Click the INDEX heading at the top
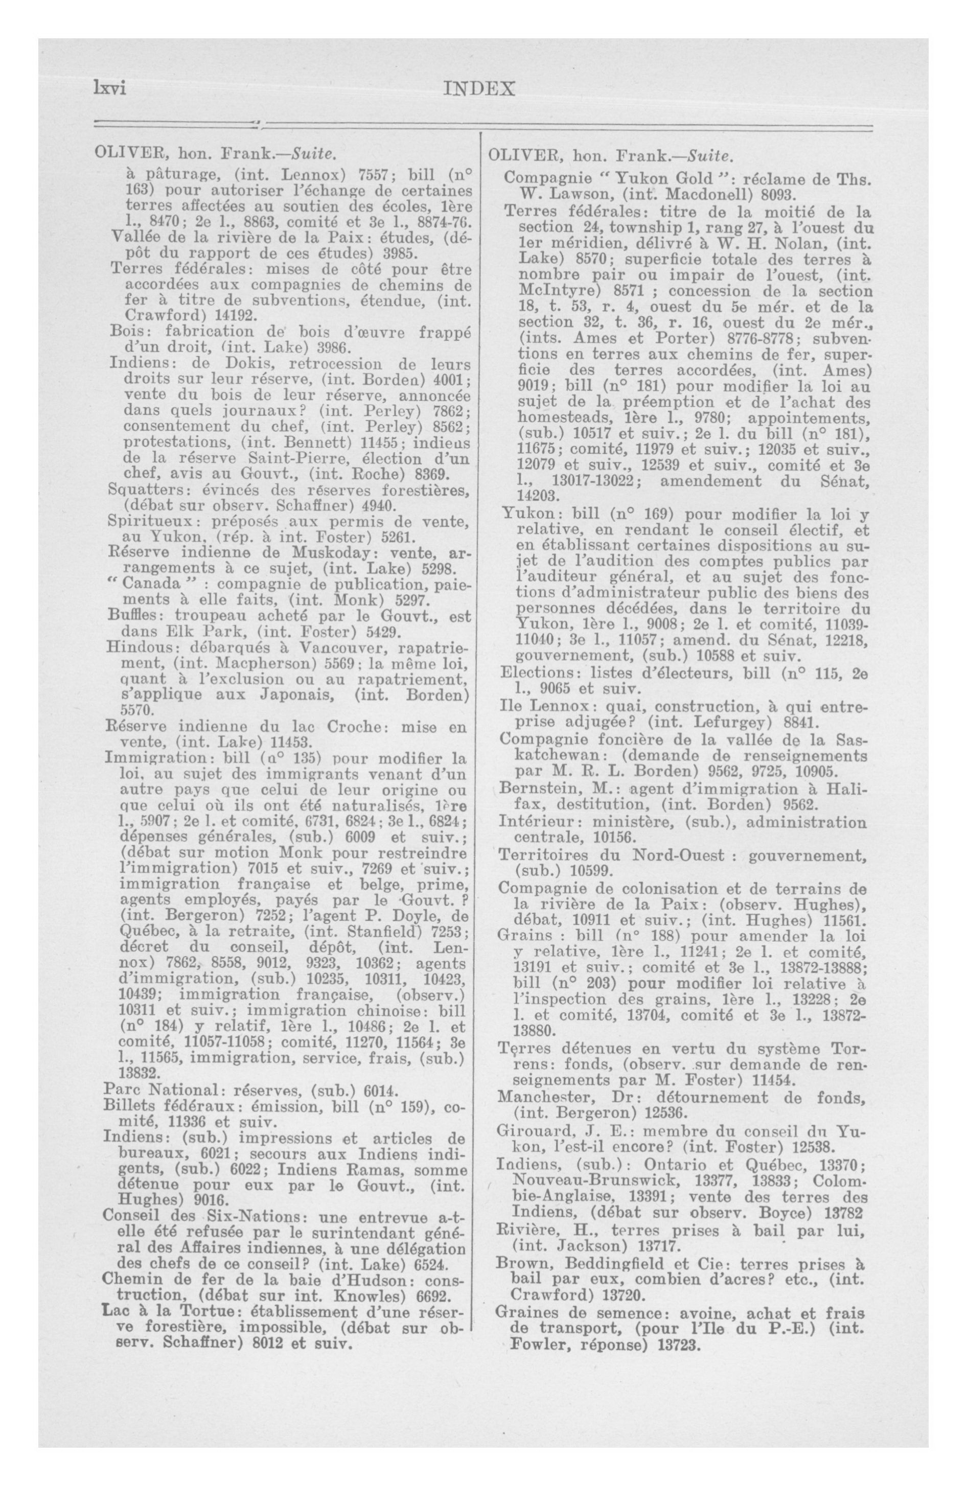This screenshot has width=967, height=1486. (x=478, y=89)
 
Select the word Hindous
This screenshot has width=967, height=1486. (x=132, y=647)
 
